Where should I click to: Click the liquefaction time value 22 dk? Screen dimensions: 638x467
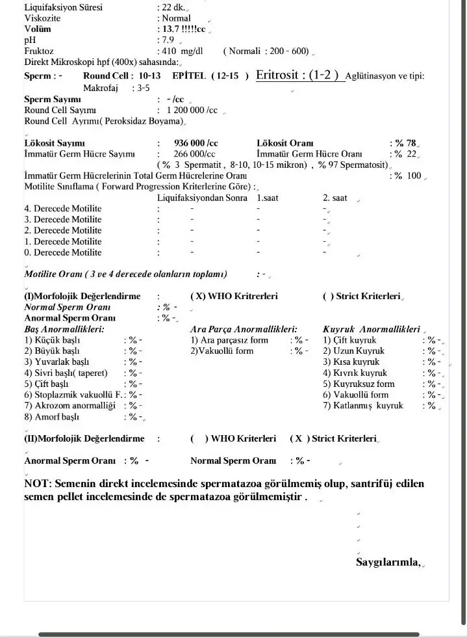[x=173, y=8]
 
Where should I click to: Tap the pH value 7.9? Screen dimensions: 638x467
[x=168, y=40]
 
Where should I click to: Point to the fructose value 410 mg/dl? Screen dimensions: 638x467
[x=180, y=51]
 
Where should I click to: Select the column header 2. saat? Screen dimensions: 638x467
[x=335, y=198]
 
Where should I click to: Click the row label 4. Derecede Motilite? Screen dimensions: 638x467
[x=63, y=208]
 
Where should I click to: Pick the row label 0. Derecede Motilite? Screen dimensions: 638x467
[x=63, y=252]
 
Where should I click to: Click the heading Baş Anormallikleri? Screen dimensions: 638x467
[x=64, y=329]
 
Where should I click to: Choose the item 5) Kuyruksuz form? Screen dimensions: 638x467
[x=359, y=384]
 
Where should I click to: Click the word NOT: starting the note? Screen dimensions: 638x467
[x=38, y=484]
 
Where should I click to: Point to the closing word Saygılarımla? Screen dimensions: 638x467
[x=388, y=562]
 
